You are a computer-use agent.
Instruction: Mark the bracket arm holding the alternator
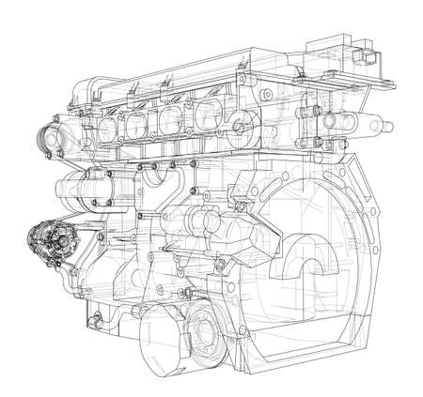pos(80,253)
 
